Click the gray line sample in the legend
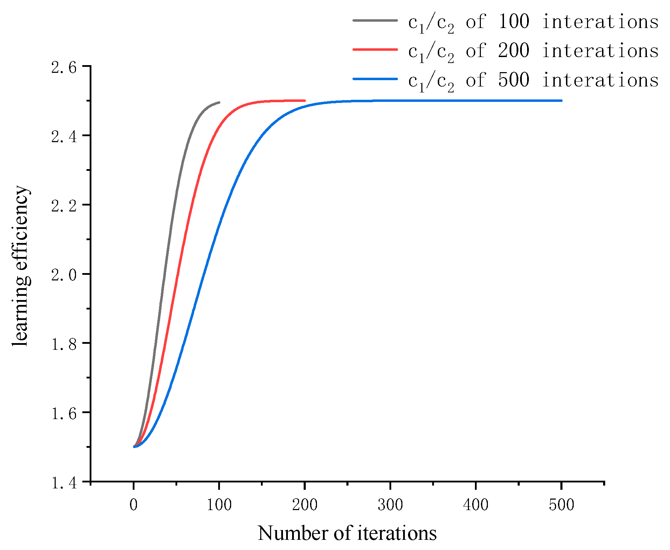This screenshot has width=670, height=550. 375,21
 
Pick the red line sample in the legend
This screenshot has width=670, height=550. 375,50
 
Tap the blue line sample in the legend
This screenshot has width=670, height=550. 375,79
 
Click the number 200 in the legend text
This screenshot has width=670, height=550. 513,50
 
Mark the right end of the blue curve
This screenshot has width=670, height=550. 561,100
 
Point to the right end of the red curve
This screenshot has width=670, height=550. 305,100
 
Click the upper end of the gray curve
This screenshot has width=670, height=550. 219,102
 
